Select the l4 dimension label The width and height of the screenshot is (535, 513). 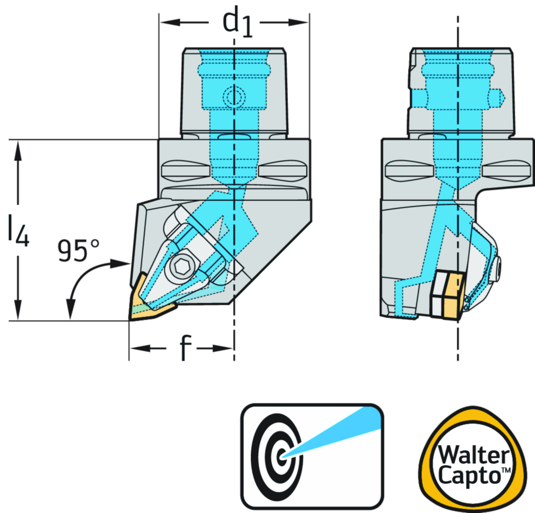click(x=18, y=230)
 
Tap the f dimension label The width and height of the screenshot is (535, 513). click(x=182, y=348)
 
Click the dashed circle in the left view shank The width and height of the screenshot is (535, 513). click(x=233, y=96)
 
